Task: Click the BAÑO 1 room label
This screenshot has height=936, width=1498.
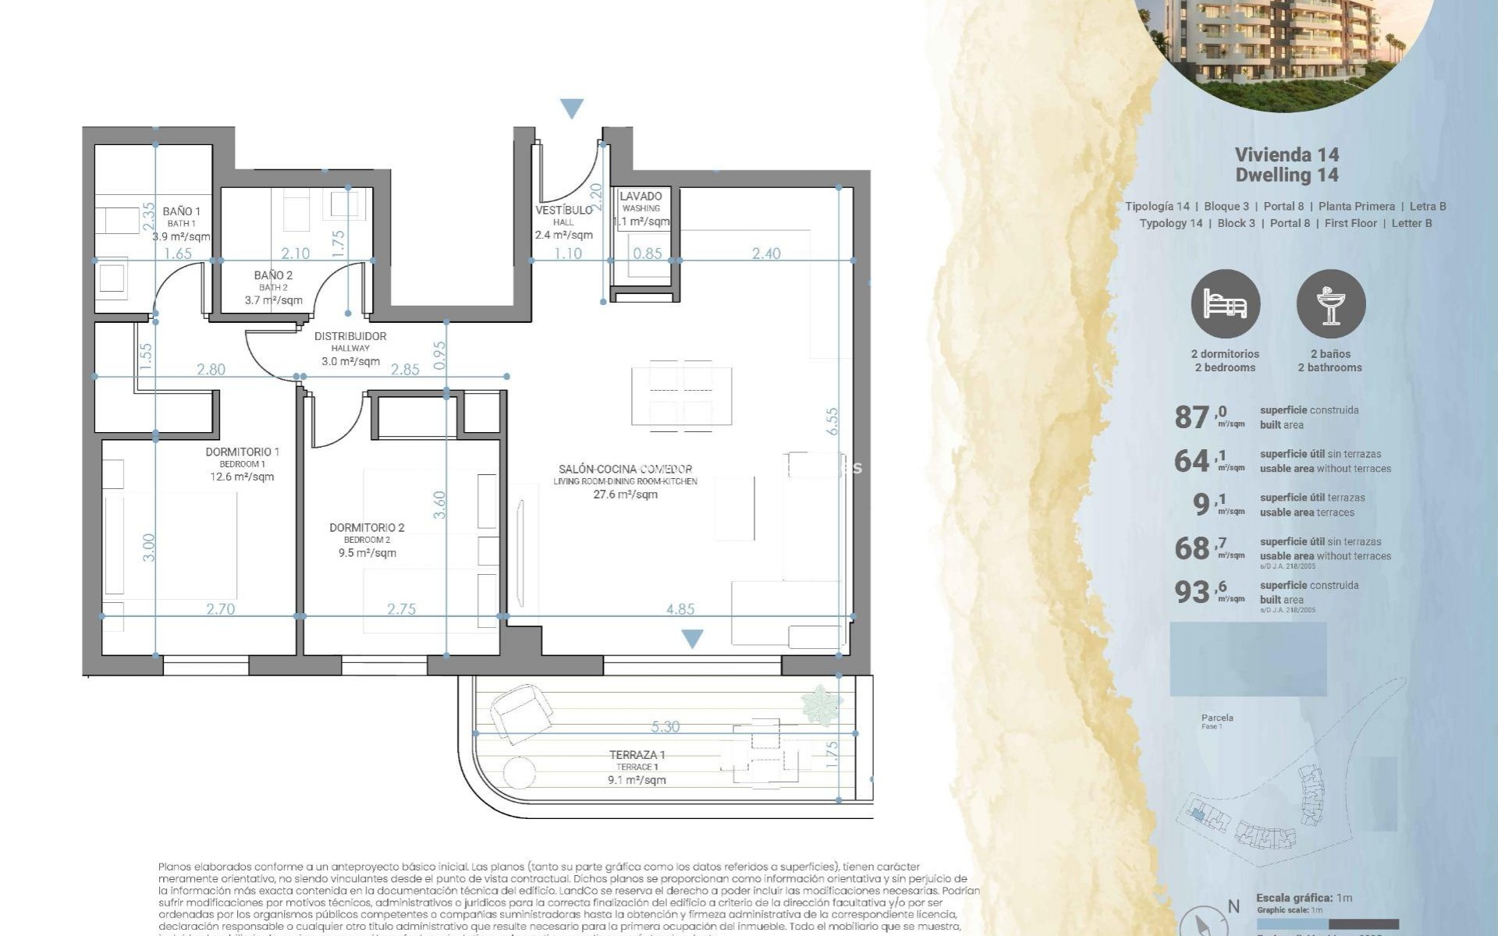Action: (x=181, y=211)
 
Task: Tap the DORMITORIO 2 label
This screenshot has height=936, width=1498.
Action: (x=367, y=528)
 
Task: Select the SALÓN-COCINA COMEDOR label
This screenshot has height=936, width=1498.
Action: (x=625, y=469)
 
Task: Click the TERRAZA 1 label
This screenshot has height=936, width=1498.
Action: (x=637, y=755)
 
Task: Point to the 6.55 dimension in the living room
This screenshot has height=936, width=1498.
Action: (x=832, y=421)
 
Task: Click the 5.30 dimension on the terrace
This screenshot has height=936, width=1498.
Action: (x=665, y=727)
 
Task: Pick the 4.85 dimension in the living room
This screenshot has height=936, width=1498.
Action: (x=680, y=609)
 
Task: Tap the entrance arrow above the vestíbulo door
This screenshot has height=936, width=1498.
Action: (x=572, y=108)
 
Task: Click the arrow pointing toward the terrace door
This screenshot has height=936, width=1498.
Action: (x=692, y=639)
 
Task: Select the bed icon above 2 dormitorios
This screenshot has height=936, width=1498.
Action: (x=1225, y=304)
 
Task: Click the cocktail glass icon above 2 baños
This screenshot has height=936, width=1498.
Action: (x=1330, y=304)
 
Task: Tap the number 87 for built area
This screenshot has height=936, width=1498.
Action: (x=1191, y=417)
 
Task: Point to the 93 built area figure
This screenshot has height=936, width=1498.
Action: (x=1191, y=593)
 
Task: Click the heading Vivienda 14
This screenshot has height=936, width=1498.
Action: (x=1287, y=154)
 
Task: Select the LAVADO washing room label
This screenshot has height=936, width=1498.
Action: (x=641, y=197)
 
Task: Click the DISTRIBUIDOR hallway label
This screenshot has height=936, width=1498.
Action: (x=350, y=336)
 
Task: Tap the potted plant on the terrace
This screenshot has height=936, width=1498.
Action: (x=822, y=704)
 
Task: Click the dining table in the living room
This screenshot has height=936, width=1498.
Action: (x=681, y=395)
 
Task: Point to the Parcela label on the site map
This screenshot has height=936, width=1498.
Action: (x=1217, y=718)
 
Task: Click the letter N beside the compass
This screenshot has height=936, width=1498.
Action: (x=1234, y=906)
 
